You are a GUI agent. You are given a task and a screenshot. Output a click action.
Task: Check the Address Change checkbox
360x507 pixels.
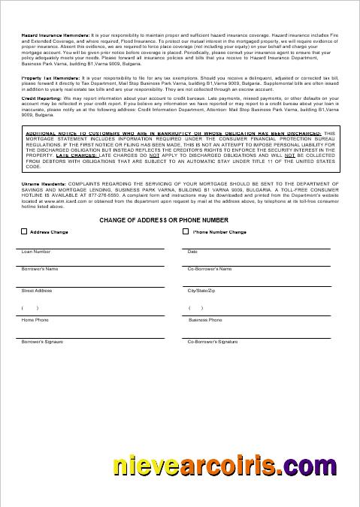coord(25,232)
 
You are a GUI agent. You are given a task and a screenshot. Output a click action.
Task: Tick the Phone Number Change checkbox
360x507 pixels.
coord(186,232)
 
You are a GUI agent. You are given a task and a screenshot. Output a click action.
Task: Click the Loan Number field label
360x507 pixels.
coord(36,252)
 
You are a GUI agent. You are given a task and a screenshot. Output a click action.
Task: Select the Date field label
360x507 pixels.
coord(192,252)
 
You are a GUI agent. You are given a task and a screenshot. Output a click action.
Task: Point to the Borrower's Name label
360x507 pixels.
coord(40,268)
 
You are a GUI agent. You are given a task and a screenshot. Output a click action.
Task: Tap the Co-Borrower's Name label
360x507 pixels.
coord(210,268)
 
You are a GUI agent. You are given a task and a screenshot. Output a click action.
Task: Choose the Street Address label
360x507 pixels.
coord(37,290)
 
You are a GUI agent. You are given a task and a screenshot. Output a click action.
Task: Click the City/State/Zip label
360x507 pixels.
coord(201,290)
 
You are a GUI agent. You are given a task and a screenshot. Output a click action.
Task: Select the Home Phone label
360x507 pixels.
coord(35,320)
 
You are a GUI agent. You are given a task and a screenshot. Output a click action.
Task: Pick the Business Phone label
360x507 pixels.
coord(205,320)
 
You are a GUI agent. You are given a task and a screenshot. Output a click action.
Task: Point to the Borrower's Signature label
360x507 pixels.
coord(42,342)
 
